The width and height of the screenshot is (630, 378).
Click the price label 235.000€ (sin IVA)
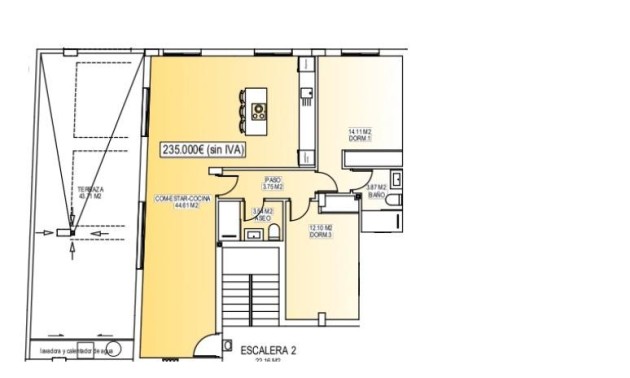203,150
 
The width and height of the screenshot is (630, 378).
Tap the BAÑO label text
376,196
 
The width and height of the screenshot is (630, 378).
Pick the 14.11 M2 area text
359,131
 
